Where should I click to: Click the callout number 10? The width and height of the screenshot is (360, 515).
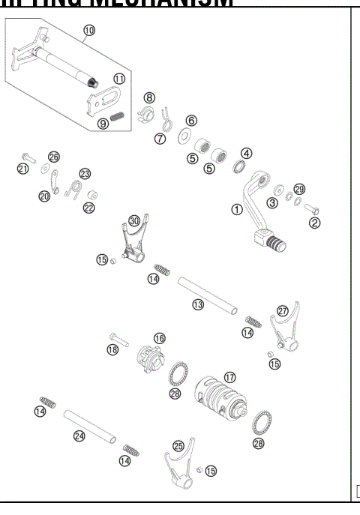89,31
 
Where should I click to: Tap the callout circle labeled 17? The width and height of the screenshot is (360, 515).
229,377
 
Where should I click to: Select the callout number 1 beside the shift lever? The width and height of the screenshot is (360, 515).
237,210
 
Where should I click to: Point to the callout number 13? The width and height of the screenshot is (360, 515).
198,305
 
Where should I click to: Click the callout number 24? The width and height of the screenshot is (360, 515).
79,436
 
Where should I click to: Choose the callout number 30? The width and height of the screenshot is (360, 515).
134,220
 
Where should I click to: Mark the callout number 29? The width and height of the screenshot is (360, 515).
300,189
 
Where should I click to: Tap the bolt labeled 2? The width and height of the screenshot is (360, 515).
310,211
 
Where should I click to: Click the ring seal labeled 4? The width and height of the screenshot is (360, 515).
242,167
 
